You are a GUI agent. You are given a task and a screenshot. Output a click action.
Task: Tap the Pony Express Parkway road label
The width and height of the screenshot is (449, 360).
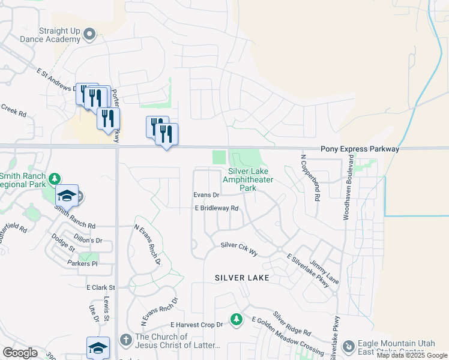(x=360, y=148)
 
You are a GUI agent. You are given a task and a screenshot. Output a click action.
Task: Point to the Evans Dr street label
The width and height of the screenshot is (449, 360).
(x=206, y=195)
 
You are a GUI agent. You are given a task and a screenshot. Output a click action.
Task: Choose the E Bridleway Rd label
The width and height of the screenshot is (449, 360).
(x=217, y=208)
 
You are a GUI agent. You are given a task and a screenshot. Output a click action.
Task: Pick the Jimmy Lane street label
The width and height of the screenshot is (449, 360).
(x=324, y=272)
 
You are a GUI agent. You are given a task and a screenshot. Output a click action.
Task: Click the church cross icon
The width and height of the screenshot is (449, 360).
(x=125, y=340)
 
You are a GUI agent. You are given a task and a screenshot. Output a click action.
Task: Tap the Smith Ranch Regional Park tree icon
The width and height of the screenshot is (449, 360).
(x=55, y=179)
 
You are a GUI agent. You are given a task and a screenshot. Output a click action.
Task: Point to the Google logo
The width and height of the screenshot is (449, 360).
(x=19, y=353)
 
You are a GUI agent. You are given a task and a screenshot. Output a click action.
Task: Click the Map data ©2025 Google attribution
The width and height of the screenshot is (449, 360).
(x=412, y=355)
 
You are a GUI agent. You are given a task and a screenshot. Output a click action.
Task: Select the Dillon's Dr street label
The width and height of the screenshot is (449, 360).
(x=88, y=240)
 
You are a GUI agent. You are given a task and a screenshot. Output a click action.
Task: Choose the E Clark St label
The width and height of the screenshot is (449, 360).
(x=100, y=288)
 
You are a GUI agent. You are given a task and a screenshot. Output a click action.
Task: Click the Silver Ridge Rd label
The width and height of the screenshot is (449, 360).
(x=292, y=323)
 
